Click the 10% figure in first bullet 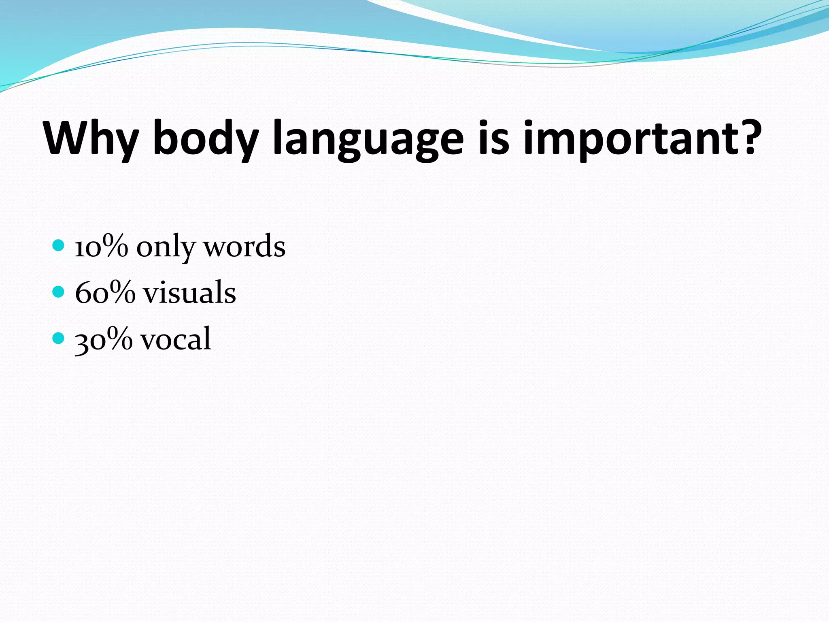(x=101, y=247)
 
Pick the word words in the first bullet (x=244, y=247)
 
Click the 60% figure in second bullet (x=105, y=292)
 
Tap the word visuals (x=189, y=292)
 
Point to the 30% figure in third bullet (x=104, y=339)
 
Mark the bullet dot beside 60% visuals (x=59, y=292)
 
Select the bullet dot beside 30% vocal (x=59, y=338)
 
